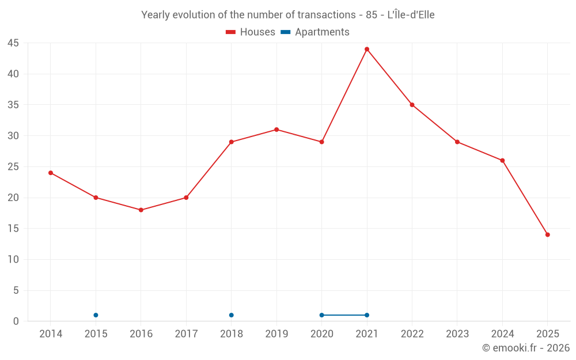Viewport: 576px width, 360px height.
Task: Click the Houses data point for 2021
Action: (x=367, y=49)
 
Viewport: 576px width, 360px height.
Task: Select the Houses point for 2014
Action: (x=51, y=173)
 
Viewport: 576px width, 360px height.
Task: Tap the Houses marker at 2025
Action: (x=548, y=234)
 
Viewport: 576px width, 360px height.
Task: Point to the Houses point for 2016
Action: (x=141, y=210)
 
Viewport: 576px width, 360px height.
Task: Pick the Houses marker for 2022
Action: (x=412, y=105)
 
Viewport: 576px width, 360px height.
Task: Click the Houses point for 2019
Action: (x=276, y=130)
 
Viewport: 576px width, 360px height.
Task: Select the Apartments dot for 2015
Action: (x=96, y=315)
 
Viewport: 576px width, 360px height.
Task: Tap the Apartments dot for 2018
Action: (x=232, y=315)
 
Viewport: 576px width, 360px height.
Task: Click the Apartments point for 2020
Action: (x=321, y=315)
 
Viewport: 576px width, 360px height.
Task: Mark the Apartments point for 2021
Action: (x=367, y=315)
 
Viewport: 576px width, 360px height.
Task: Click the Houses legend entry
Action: (x=251, y=32)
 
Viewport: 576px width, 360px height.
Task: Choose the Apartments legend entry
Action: (x=315, y=32)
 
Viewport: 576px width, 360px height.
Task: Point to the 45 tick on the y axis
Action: (x=13, y=43)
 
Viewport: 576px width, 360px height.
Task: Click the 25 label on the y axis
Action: (x=13, y=167)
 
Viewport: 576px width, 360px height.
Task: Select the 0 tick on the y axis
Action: (x=16, y=321)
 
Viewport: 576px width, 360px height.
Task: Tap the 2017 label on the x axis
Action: (x=186, y=334)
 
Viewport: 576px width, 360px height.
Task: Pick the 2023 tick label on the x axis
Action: (x=457, y=334)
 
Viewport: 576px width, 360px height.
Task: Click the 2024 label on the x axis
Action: (x=502, y=334)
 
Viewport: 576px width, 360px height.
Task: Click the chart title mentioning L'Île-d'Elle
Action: (x=288, y=15)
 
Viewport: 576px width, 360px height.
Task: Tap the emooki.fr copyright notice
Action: (x=526, y=348)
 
